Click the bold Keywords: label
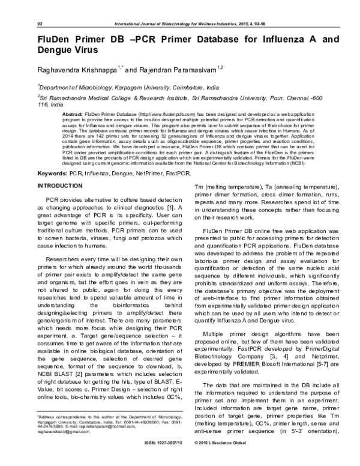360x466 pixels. (x=52, y=157)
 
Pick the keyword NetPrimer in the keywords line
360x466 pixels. (x=133, y=157)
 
